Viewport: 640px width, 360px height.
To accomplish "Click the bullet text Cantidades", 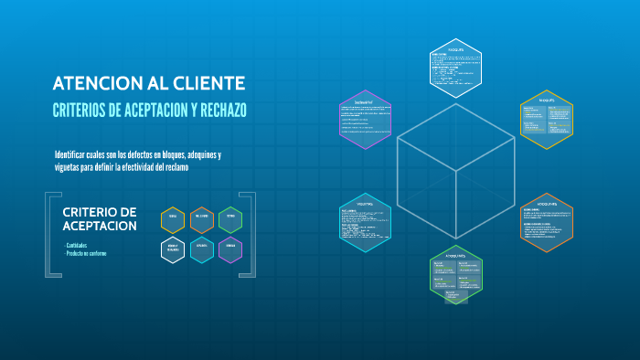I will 79,245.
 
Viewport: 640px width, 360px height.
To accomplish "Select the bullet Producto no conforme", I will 86,252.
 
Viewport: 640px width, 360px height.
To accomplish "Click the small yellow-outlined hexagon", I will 173,219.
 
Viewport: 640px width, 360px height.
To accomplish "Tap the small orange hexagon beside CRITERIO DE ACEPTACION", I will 202,219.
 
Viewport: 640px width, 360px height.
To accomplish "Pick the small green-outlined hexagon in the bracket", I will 231,219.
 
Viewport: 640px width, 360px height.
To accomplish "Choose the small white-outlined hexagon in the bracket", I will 173,249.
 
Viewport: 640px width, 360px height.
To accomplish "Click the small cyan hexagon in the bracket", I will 202,249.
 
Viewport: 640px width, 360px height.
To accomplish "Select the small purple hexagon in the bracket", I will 231,249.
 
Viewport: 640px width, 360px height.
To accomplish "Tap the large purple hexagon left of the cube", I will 365,119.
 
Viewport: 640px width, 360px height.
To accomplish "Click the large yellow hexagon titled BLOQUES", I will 547,119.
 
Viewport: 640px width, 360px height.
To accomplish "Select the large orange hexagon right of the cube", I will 547,222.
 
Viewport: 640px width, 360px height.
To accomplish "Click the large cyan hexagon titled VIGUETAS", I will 365,222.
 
